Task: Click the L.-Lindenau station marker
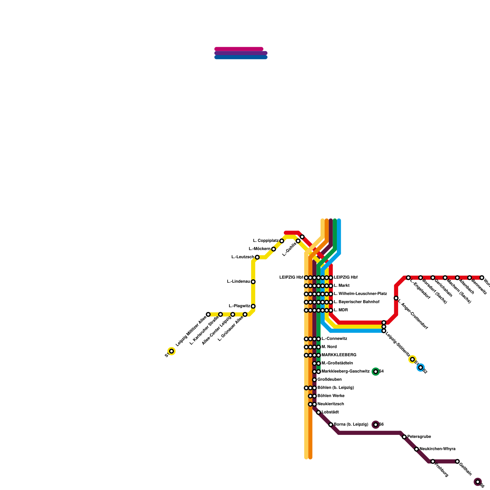(x=253, y=282)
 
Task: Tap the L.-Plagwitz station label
(x=239, y=306)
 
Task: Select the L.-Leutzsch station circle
(x=257, y=257)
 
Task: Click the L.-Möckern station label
(x=259, y=249)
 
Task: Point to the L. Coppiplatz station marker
(x=282, y=241)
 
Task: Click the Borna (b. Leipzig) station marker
(x=331, y=424)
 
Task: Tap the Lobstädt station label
(x=330, y=412)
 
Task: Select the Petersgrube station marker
(x=404, y=437)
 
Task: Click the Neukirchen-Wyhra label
(x=437, y=449)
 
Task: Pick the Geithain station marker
(x=457, y=461)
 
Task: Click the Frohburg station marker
(x=433, y=461)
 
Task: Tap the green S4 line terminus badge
(x=376, y=371)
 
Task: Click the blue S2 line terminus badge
(x=420, y=367)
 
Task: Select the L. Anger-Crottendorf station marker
(x=396, y=298)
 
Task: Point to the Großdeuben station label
(x=330, y=380)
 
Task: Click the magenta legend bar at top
(x=239, y=49)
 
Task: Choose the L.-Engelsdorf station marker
(x=408, y=278)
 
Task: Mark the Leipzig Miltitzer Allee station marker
(x=208, y=315)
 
